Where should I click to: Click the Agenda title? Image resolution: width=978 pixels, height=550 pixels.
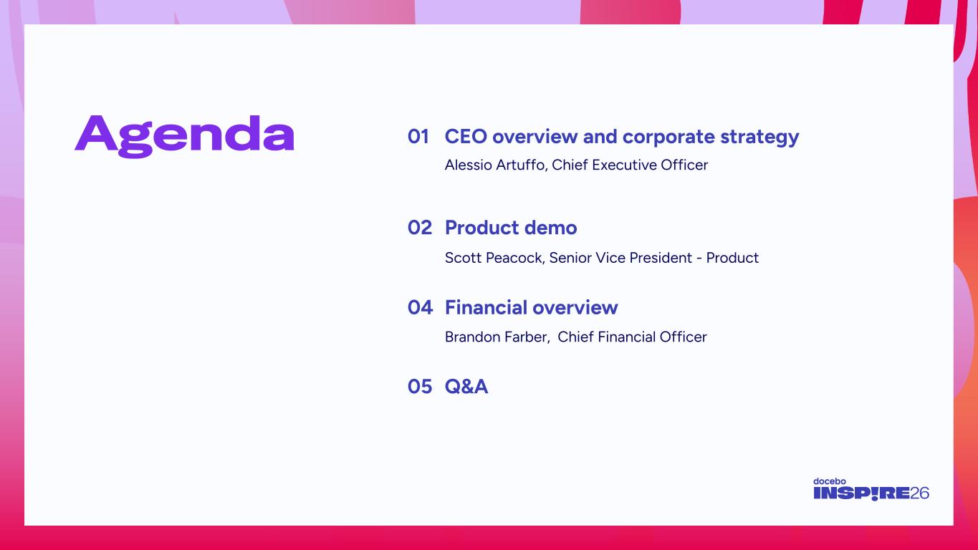(x=184, y=136)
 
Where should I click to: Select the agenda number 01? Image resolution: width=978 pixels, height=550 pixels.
(x=418, y=137)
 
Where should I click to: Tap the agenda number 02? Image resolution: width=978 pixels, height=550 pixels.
(x=420, y=228)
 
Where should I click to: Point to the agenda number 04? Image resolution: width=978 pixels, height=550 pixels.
(x=420, y=308)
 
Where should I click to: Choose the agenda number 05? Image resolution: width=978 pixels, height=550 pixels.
(x=420, y=387)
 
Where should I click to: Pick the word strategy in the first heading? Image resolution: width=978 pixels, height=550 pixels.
(x=759, y=137)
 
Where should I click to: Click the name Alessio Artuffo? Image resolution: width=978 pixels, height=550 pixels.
(x=494, y=165)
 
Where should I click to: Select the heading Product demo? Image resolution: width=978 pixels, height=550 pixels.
(x=511, y=228)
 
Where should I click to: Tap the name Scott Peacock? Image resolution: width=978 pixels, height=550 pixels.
(x=494, y=258)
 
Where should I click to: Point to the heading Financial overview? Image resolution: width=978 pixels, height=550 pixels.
(x=532, y=308)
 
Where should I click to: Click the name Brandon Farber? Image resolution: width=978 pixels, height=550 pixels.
(x=497, y=337)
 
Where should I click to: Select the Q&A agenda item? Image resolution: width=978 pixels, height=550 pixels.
(x=466, y=387)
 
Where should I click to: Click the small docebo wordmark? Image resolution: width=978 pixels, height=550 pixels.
(x=830, y=481)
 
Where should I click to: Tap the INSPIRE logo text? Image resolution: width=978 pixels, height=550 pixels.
(x=861, y=493)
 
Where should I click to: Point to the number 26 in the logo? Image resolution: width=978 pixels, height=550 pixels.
(x=919, y=493)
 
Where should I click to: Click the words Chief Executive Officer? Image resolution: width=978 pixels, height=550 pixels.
(x=630, y=165)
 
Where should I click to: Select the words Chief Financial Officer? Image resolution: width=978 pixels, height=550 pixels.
(x=632, y=337)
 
